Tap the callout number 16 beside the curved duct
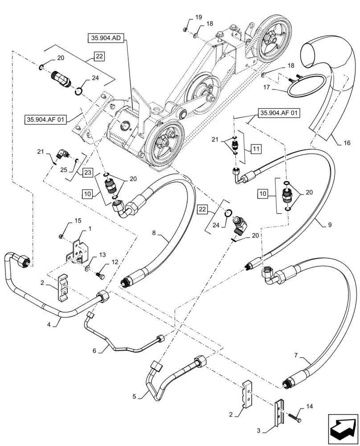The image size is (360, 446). point(347,143)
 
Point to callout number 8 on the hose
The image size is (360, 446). point(154,232)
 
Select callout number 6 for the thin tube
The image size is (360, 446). point(94,351)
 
